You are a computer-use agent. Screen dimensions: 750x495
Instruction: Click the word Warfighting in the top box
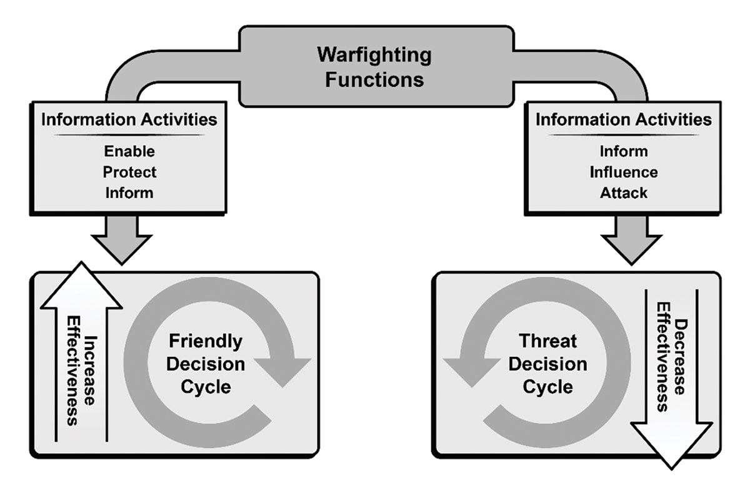coord(374,56)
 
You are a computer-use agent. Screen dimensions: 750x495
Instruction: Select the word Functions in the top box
coord(374,80)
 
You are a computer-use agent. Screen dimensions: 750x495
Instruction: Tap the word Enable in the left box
coord(129,151)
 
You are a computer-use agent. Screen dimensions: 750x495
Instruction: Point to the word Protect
coord(129,172)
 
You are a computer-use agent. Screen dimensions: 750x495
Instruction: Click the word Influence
coord(624,172)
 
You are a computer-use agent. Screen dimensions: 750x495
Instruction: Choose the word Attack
coord(624,193)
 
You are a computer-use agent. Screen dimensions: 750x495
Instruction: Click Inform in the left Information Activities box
coord(129,193)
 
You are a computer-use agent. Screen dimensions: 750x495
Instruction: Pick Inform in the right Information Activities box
coord(624,151)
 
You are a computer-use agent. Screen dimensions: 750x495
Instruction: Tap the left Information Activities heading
coord(129,119)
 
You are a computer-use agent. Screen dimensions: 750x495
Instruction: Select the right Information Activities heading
coord(624,119)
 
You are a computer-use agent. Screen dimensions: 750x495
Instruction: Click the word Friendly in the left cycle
coord(206,342)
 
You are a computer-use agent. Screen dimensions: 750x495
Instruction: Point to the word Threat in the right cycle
coord(548,341)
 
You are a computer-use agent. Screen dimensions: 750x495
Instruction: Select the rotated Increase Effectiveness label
coord(81,371)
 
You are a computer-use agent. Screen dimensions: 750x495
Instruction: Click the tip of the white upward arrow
coord(81,262)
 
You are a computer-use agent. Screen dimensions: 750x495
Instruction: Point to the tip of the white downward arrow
coord(671,470)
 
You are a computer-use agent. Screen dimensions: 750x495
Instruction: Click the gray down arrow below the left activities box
coord(122,241)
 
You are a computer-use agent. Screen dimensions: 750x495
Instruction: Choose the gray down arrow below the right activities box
coord(631,241)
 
